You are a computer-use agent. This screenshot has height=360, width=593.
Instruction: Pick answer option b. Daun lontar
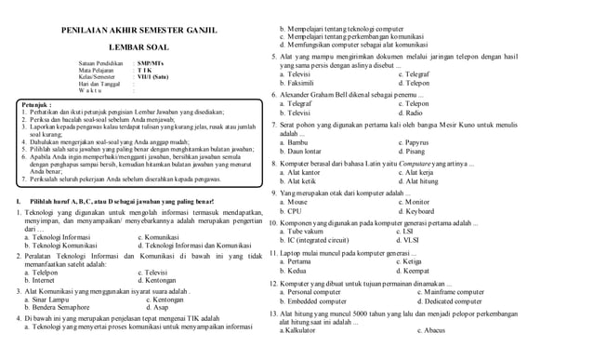(x=305, y=151)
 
